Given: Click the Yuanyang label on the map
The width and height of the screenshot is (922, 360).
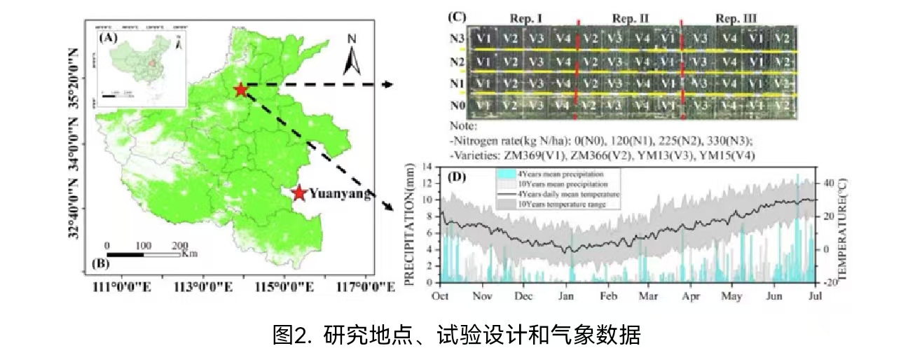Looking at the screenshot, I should click(x=339, y=194).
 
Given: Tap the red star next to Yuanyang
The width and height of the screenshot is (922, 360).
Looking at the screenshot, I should click(x=299, y=193).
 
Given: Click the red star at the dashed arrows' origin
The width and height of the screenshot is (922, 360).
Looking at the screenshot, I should click(x=240, y=90).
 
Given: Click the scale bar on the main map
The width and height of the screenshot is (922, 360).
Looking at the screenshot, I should click(x=143, y=254).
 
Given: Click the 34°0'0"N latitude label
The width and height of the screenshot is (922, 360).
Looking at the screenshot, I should click(x=73, y=150).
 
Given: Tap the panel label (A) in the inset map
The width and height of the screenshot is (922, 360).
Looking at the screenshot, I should click(x=109, y=39).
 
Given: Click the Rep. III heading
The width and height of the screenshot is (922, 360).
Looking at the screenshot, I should click(x=736, y=17).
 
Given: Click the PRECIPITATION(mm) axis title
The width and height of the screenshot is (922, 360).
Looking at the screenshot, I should click(x=411, y=223).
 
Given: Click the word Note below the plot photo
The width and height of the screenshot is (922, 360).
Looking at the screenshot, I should click(x=462, y=127).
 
